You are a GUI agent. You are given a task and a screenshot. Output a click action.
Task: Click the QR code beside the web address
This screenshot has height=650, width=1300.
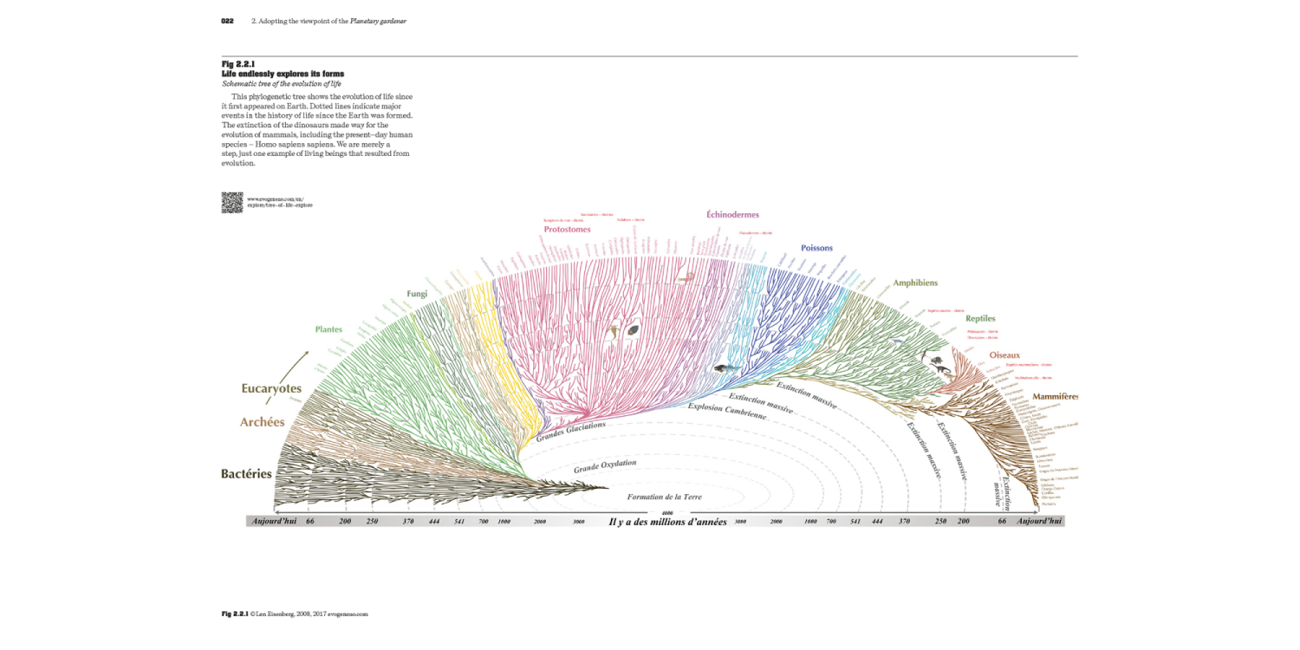click(231, 202)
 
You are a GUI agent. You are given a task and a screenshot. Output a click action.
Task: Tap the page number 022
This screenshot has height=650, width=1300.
click(228, 21)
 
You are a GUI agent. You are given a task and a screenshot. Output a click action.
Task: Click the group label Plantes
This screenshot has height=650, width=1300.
click(328, 329)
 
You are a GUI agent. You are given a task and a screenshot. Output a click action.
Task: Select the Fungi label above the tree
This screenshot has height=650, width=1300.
click(417, 294)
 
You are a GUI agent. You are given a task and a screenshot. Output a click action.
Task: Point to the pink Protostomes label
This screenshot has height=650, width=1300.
click(568, 230)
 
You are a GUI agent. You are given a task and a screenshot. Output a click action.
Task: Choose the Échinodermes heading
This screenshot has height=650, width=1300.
click(733, 214)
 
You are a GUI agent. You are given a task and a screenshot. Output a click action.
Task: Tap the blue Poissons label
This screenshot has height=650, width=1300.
click(816, 248)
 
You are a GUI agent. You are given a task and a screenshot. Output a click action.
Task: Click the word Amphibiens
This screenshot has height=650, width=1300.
click(915, 283)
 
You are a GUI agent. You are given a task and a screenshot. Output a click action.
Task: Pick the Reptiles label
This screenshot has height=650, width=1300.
click(980, 319)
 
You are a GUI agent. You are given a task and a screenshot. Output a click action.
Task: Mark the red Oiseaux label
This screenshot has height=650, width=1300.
click(1004, 355)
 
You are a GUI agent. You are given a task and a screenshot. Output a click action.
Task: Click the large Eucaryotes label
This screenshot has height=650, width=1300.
click(271, 389)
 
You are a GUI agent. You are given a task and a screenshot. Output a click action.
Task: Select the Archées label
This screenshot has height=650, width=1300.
click(262, 422)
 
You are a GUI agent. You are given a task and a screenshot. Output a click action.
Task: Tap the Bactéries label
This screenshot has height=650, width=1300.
click(246, 474)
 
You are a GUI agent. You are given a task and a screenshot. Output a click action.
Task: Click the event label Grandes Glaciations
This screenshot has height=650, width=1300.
click(570, 432)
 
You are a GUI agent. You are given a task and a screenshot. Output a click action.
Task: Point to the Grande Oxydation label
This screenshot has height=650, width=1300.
click(605, 466)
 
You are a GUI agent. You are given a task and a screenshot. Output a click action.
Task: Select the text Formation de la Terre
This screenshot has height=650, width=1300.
click(664, 497)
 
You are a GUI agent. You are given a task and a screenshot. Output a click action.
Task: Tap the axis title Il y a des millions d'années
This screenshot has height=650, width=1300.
click(667, 522)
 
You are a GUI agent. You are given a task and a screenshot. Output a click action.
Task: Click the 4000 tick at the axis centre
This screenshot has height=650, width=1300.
click(666, 513)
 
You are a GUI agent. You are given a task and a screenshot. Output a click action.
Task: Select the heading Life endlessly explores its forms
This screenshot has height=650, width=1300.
click(283, 74)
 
